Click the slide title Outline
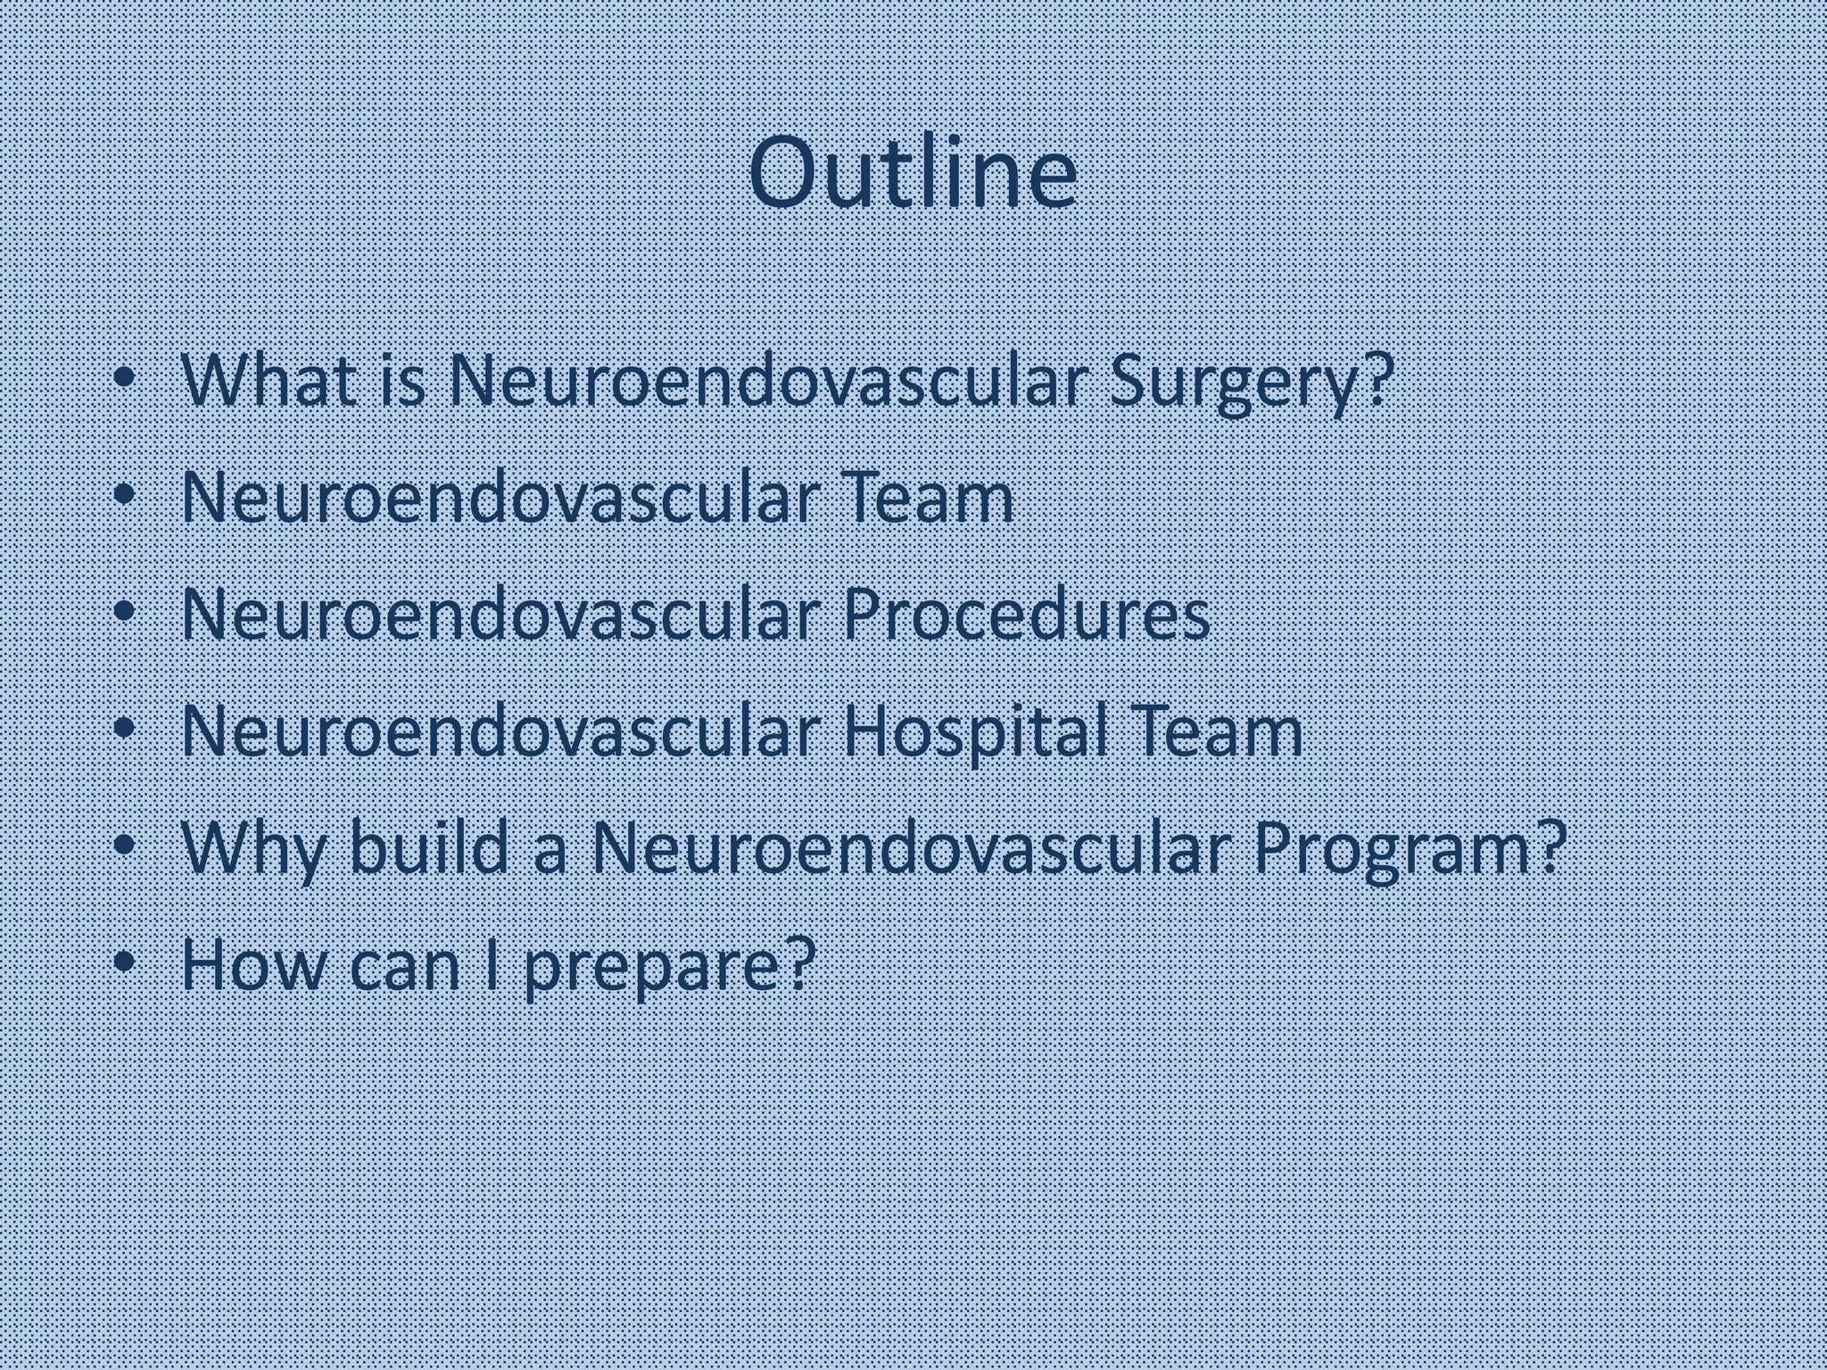[913, 173]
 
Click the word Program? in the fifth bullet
[1410, 849]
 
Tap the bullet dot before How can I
[126, 962]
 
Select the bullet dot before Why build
[126, 846]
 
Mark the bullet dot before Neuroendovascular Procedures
[126, 614]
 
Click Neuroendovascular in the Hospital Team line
[500, 731]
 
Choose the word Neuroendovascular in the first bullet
[767, 382]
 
